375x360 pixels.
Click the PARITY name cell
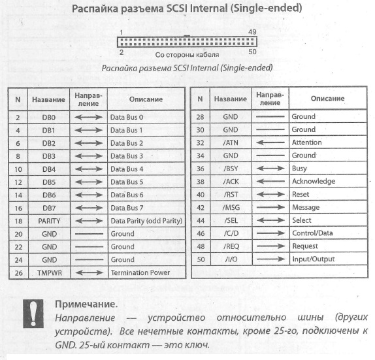point(50,221)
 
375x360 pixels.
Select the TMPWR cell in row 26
point(50,272)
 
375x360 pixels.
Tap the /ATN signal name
point(231,142)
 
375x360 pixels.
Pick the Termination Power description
point(140,272)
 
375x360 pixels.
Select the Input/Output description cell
point(313,259)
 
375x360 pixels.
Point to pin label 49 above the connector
point(252,31)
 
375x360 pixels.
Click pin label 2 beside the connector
point(122,51)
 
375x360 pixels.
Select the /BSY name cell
point(231,169)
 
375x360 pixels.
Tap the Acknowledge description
point(314,182)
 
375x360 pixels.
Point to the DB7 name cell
point(50,208)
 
